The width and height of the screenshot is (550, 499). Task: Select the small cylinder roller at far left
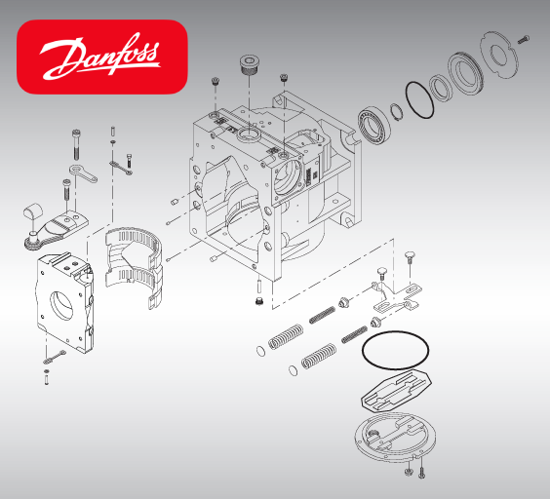(30, 211)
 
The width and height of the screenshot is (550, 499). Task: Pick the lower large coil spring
(318, 358)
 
